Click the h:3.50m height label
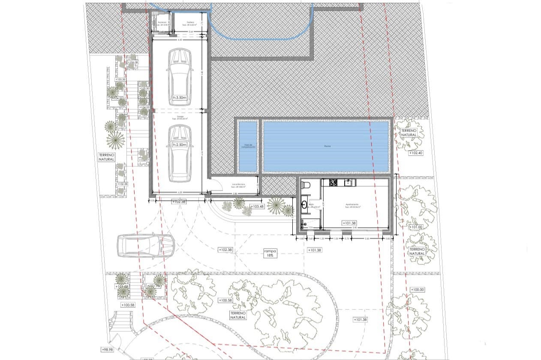(x=180, y=98)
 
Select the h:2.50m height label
(x=180, y=145)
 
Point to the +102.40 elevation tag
(x=415, y=153)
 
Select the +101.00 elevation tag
(x=415, y=227)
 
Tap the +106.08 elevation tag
(x=133, y=63)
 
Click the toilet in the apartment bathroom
(x=306, y=185)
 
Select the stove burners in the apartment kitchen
(x=333, y=183)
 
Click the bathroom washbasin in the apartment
(x=304, y=204)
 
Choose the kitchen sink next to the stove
(x=348, y=183)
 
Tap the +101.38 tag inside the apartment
(x=350, y=223)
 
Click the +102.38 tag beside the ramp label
(x=225, y=249)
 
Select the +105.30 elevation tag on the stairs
(x=120, y=79)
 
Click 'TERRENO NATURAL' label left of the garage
(x=106, y=157)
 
